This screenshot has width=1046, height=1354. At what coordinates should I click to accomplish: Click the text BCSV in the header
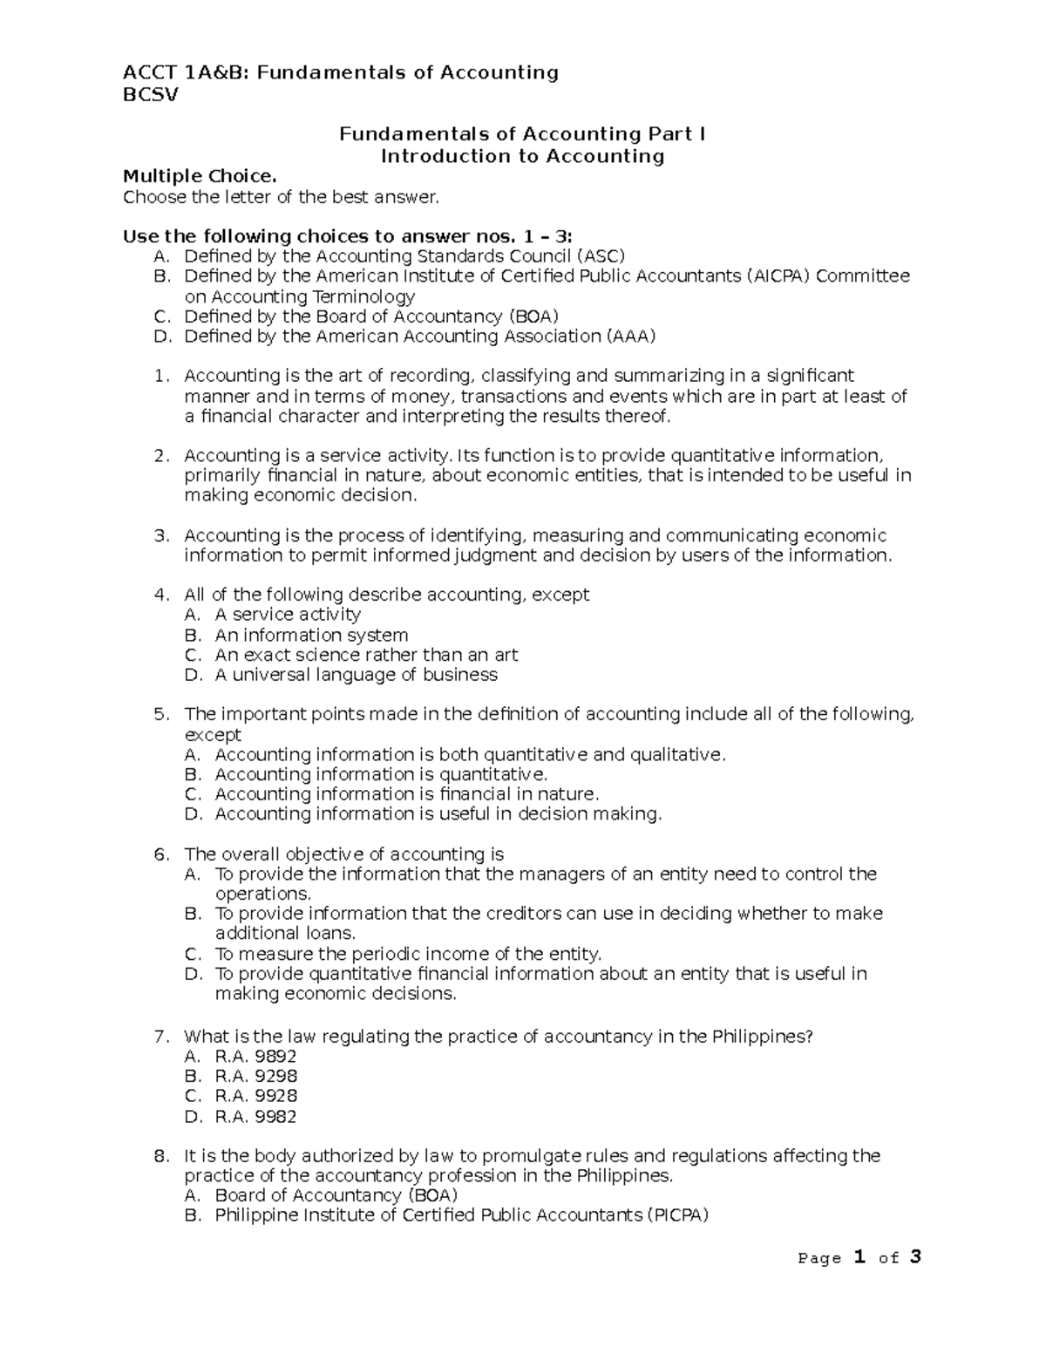coord(150,96)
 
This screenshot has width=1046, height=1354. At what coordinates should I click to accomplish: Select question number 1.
coord(159,376)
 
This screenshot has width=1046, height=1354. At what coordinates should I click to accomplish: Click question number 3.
coord(159,535)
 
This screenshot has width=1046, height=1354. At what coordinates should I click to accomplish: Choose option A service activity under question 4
coord(288,615)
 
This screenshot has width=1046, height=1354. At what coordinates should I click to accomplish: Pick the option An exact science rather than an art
coord(366,655)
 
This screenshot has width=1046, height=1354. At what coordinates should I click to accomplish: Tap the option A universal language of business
coord(356,675)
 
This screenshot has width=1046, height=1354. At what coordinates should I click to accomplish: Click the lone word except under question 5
coord(213,735)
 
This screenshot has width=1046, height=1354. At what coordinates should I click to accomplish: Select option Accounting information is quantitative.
coord(381,774)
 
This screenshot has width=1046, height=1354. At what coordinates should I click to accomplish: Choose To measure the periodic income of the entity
coord(408,954)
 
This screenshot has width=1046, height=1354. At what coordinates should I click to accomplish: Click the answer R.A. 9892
coord(255,1057)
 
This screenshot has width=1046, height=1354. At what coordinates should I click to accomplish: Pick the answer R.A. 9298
coord(255,1077)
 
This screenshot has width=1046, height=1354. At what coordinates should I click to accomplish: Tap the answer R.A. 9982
coord(255,1117)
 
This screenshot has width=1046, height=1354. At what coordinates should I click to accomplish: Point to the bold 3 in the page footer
coord(914,1257)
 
